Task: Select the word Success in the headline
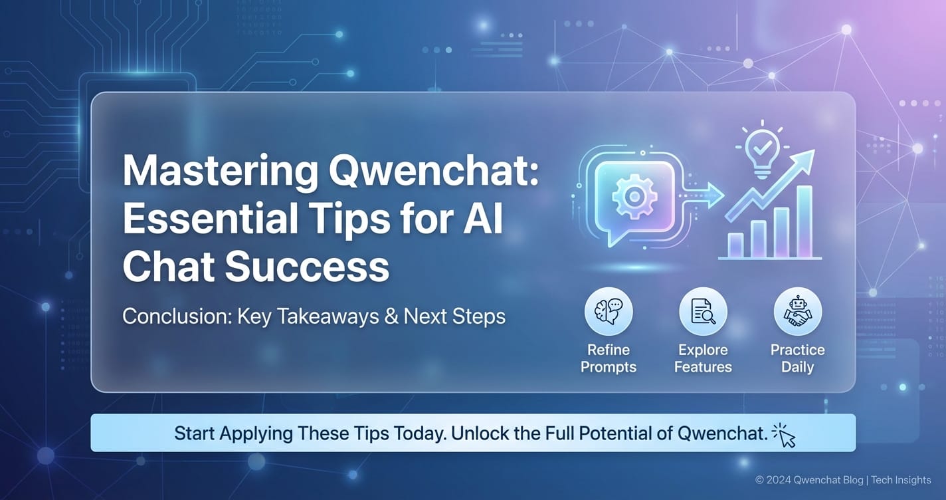pyautogui.click(x=307, y=266)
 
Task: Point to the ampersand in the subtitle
pyautogui.click(x=391, y=316)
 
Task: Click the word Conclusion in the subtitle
pyautogui.click(x=177, y=316)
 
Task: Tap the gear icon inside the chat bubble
pyautogui.click(x=634, y=196)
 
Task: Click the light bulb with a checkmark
pyautogui.click(x=762, y=153)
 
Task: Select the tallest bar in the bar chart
pyautogui.click(x=804, y=221)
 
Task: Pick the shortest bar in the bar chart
pyautogui.click(x=735, y=245)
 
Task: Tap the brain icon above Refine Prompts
pyautogui.click(x=609, y=311)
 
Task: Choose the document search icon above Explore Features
pyautogui.click(x=703, y=311)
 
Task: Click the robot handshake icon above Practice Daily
pyautogui.click(x=798, y=311)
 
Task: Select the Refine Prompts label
pyautogui.click(x=609, y=358)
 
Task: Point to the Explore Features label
pyautogui.click(x=703, y=358)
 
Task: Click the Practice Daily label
pyautogui.click(x=798, y=358)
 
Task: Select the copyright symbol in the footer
pyautogui.click(x=760, y=480)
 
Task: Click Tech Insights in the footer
pyautogui.click(x=901, y=480)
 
